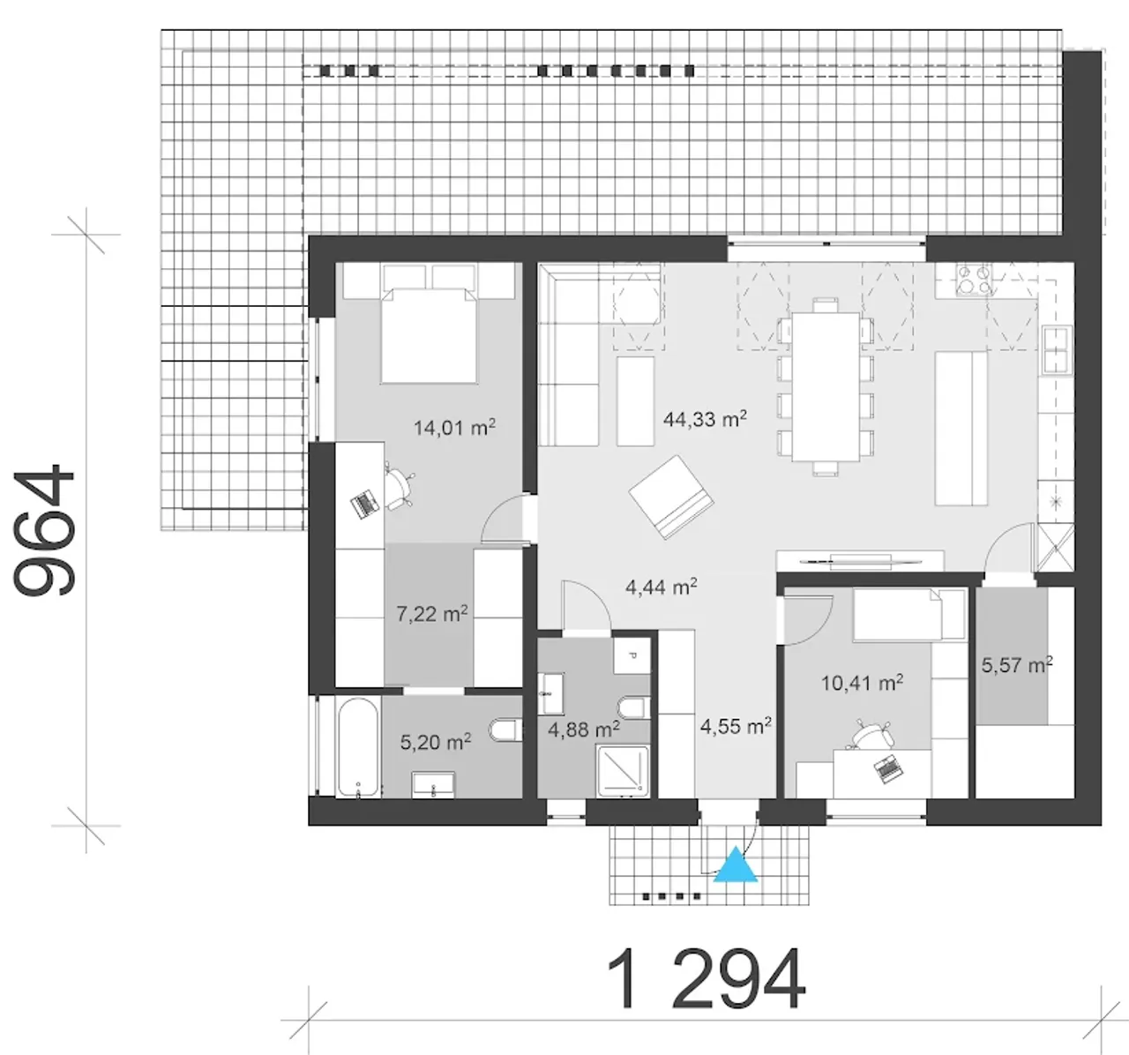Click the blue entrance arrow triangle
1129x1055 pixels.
[736, 865]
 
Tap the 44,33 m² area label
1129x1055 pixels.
[705, 419]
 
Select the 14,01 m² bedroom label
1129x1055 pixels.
[454, 427]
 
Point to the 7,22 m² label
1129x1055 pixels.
[432, 614]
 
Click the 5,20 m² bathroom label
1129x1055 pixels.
[436, 742]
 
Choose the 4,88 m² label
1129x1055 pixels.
[584, 729]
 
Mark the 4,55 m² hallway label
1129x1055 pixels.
[736, 726]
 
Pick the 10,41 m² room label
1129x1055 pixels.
[862, 683]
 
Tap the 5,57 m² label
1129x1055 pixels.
[1017, 664]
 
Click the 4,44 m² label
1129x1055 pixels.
[662, 587]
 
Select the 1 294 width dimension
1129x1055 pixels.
[706, 979]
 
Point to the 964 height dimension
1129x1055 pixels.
[44, 529]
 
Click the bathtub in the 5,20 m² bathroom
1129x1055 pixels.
[357, 747]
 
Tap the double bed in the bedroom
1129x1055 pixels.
[429, 335]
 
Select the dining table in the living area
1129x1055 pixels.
[826, 386]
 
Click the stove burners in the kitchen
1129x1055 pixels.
[974, 280]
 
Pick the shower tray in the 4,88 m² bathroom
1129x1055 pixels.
[623, 771]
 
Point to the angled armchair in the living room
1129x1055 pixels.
[671, 497]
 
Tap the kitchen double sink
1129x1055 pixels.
[1056, 350]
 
